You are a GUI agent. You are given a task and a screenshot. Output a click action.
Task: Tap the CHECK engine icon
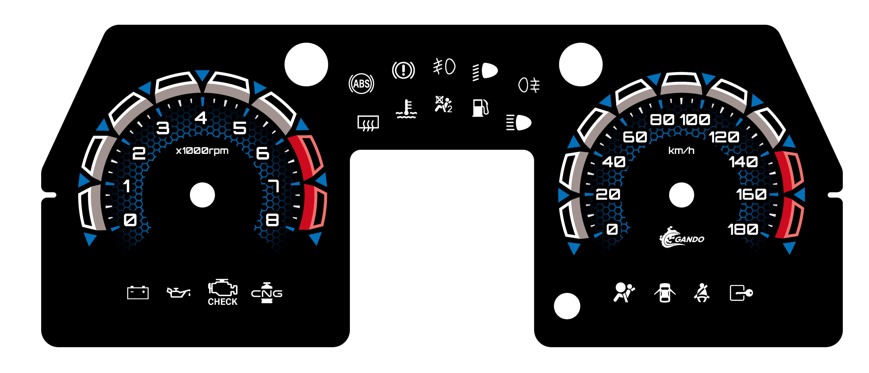click(222, 292)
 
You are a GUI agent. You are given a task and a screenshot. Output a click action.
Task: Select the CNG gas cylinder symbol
click(266, 293)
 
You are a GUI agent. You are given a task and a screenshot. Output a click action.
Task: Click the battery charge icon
click(138, 293)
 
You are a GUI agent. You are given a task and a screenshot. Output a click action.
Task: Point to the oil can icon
click(179, 292)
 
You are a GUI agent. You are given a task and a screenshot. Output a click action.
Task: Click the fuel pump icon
click(480, 108)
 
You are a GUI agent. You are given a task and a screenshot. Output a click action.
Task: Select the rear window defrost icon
click(368, 123)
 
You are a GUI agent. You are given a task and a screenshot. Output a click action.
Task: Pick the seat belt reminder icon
click(702, 293)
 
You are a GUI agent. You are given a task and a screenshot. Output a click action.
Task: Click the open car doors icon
click(665, 293)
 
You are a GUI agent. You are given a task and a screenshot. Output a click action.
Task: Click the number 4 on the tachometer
click(201, 118)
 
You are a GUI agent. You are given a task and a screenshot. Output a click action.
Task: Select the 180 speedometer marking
click(743, 230)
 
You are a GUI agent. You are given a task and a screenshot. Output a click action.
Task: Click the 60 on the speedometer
click(635, 137)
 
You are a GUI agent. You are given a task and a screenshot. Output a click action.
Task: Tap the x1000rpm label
click(202, 150)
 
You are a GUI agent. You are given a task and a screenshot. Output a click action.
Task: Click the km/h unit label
click(681, 150)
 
